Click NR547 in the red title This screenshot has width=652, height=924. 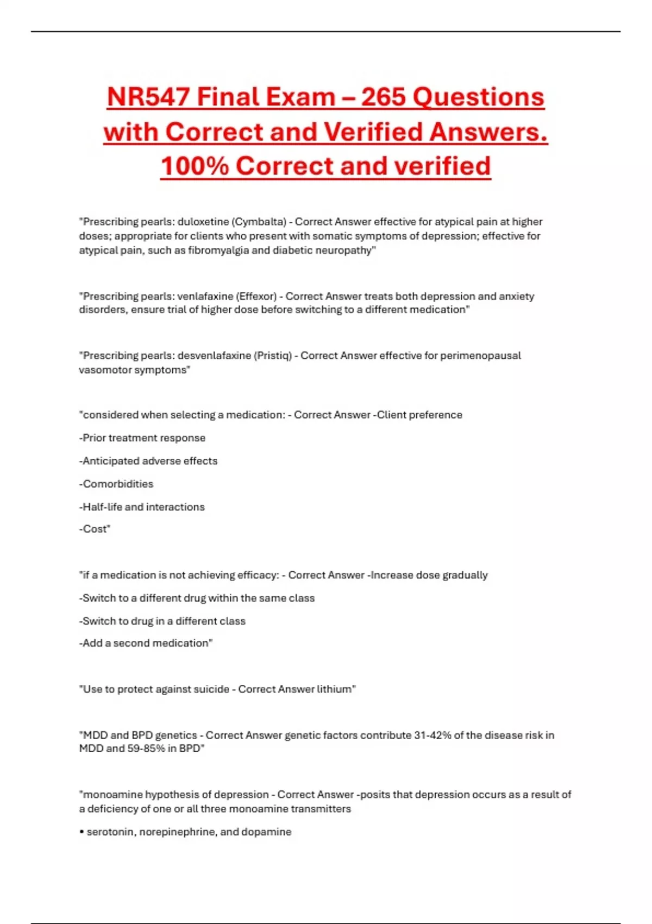click(x=148, y=97)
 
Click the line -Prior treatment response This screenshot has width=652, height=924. click(x=142, y=438)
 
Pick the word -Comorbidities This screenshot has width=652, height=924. click(x=116, y=484)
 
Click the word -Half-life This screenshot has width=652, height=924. click(x=101, y=507)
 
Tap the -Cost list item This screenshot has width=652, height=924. click(x=95, y=529)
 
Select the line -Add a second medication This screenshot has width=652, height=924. click(x=146, y=643)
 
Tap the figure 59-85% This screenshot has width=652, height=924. click(x=146, y=748)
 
